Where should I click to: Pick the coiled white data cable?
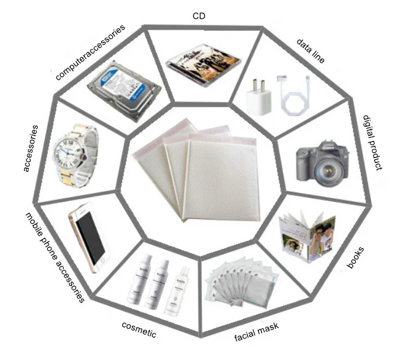click(x=293, y=97)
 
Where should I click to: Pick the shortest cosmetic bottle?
click(x=181, y=290)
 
